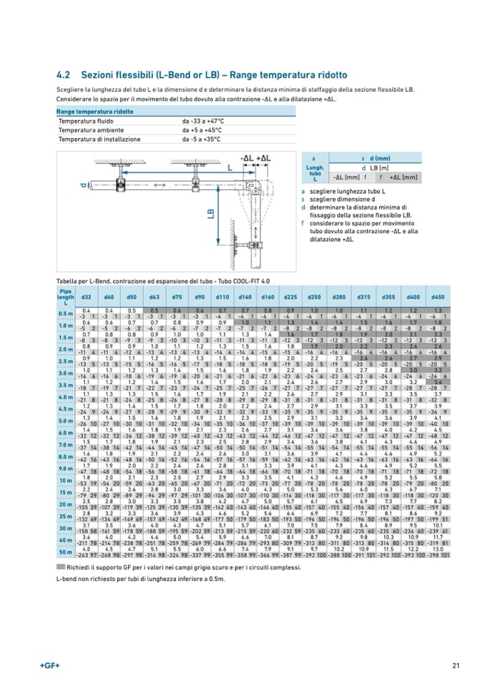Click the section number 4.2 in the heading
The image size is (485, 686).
coord(62,74)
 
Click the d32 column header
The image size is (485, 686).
coord(86,296)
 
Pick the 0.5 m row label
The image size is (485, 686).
coord(66,313)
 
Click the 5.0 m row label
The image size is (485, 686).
coord(66,421)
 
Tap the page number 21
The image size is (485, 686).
coord(456,667)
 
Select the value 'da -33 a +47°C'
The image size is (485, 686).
coord(203,122)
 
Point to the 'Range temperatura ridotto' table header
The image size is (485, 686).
coord(95,112)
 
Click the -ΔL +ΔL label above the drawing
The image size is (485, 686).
coord(255,157)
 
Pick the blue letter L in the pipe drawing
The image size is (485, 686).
coord(230,167)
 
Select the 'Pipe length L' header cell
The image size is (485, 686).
coord(66,296)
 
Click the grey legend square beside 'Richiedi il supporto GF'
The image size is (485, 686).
coord(61,565)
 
